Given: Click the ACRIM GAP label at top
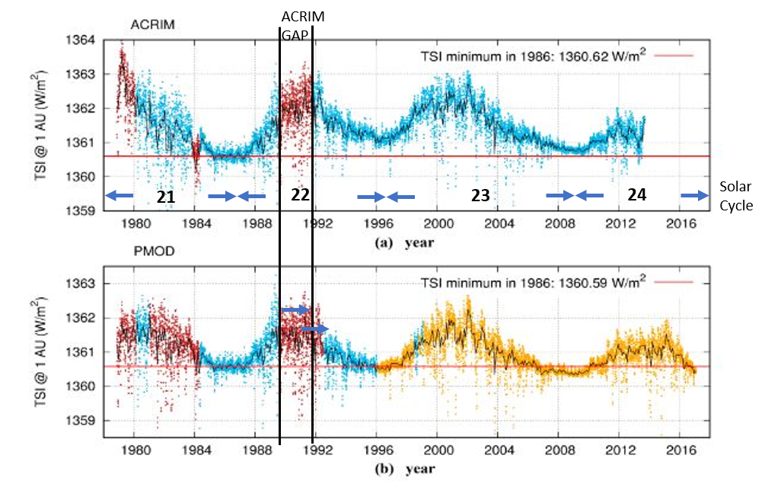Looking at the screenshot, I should click(296, 25).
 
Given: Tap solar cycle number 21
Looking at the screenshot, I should click(166, 197).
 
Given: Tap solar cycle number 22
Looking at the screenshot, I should click(301, 196).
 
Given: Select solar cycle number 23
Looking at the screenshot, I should click(480, 197).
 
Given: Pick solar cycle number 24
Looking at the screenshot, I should click(637, 196).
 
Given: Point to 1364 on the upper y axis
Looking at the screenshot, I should click(97, 40).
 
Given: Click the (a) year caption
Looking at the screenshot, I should click(404, 243).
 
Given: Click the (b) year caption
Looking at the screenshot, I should click(404, 468).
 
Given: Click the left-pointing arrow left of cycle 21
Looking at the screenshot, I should click(119, 196).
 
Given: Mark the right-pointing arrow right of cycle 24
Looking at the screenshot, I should click(693, 196).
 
